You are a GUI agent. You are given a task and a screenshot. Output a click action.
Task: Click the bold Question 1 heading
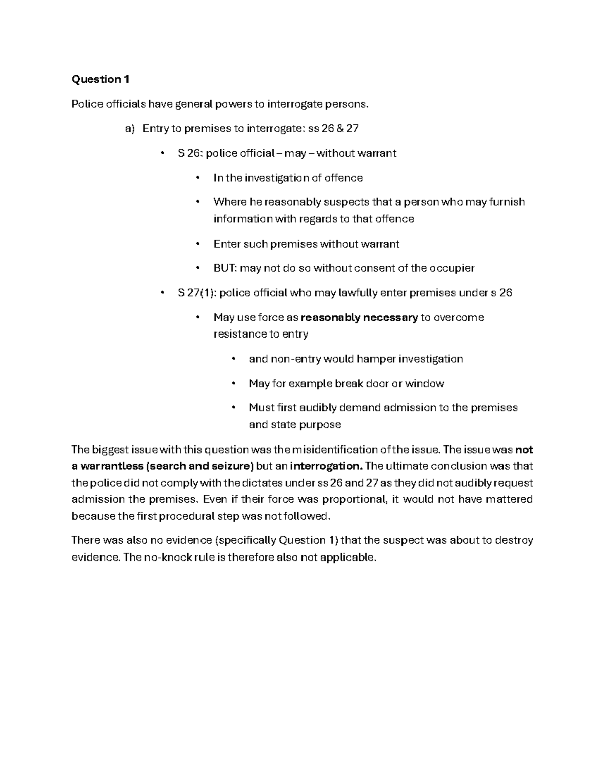100,79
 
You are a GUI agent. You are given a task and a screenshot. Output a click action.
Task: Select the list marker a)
130,129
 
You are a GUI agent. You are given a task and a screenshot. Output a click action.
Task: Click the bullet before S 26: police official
162,153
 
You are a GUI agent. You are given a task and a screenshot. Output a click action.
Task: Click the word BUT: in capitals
224,268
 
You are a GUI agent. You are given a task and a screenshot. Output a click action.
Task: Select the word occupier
452,268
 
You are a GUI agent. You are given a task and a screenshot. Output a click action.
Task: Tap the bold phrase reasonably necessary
359,317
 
